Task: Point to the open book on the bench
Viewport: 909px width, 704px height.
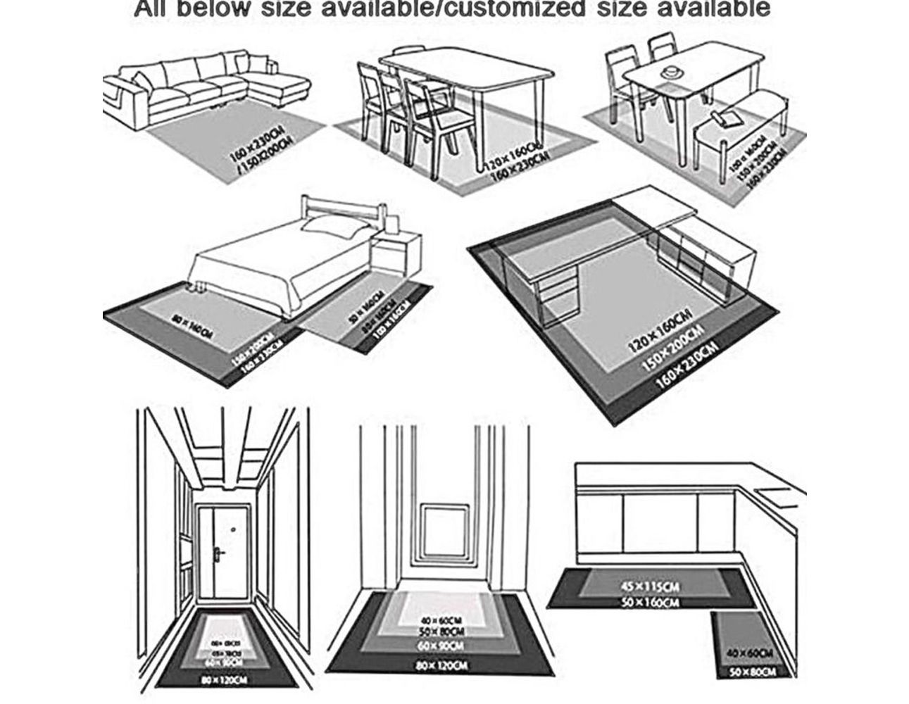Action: pos(725,115)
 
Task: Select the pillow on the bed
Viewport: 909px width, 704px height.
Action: pos(332,226)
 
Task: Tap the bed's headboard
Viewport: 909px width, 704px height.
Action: pos(344,208)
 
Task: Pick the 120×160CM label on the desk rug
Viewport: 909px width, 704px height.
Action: pos(660,330)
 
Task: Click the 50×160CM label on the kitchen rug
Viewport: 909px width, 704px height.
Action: pos(651,602)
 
